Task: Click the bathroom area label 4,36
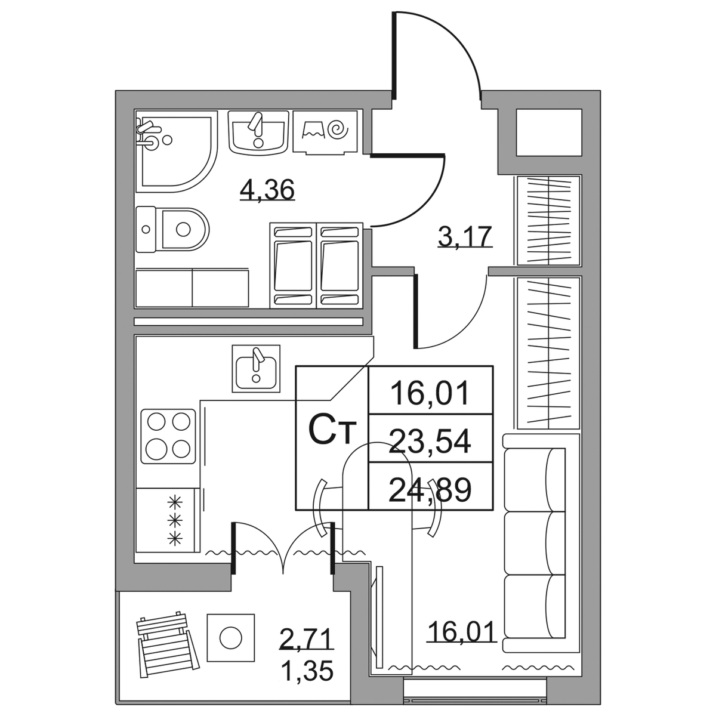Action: [267, 190]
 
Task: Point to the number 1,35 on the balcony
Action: [307, 671]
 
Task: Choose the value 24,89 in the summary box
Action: [430, 489]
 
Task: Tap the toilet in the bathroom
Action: [172, 230]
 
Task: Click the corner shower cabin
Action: [176, 155]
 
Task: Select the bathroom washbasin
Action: [258, 132]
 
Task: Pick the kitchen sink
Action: [256, 368]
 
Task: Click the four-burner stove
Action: [168, 437]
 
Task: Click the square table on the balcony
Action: [231, 638]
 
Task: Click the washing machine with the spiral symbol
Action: [325, 131]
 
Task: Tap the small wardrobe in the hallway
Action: [548, 221]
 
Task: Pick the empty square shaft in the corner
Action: [549, 132]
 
